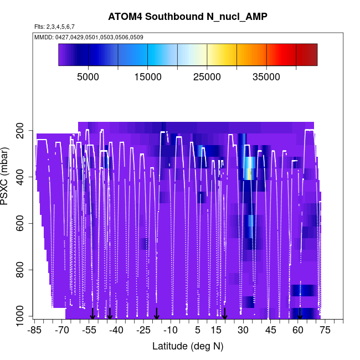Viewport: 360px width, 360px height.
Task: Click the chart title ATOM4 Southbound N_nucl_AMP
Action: click(188, 17)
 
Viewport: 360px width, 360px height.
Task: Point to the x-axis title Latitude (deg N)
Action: click(188, 346)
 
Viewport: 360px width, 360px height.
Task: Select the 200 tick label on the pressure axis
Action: click(20, 131)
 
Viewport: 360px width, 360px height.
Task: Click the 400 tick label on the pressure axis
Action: click(20, 177)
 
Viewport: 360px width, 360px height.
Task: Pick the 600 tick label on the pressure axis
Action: click(20, 224)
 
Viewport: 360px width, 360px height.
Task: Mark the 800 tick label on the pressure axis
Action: click(20, 270)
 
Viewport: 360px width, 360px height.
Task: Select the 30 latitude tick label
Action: click(243, 330)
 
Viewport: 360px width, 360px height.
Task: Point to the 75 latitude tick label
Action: click(325, 330)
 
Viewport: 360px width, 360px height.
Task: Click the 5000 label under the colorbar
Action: click(88, 77)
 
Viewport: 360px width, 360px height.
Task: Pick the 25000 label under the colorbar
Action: click(207, 77)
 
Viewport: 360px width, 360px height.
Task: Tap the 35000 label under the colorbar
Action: click(266, 77)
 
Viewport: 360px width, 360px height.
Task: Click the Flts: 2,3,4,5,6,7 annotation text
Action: click(54, 27)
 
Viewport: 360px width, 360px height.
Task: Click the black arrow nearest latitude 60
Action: click(300, 313)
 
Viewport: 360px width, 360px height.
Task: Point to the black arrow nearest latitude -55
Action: click(93, 313)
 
